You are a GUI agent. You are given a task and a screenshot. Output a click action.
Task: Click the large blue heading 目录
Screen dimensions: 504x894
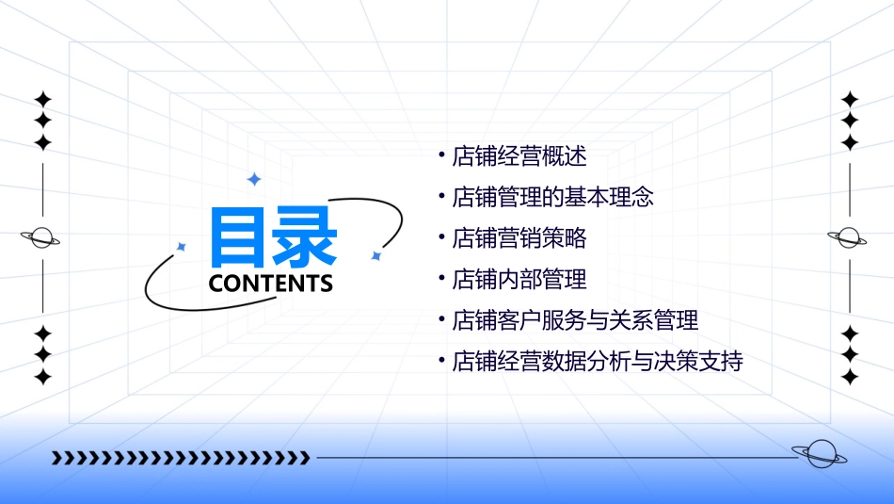point(273,237)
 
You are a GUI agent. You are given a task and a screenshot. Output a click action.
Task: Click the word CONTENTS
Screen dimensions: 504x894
point(271,284)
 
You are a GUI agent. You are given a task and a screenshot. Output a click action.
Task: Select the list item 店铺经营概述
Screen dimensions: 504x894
point(519,156)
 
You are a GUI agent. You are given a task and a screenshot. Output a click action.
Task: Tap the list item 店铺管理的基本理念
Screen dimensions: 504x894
point(553,198)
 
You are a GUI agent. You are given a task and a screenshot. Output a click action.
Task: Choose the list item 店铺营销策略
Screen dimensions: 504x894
point(519,238)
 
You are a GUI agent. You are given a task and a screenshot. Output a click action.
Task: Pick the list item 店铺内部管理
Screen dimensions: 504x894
point(519,279)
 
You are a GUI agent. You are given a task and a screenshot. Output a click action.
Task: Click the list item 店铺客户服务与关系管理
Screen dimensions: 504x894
point(575,320)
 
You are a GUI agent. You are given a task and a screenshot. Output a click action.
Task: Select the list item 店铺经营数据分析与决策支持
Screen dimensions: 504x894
point(598,361)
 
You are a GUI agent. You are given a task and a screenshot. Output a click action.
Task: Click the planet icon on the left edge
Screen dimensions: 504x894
point(41,237)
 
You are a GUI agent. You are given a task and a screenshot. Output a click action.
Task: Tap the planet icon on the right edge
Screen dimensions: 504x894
point(849,237)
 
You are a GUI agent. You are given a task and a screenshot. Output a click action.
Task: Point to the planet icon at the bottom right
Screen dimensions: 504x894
point(819,454)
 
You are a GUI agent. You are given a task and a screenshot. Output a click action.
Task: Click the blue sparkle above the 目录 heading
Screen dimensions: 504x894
point(253,179)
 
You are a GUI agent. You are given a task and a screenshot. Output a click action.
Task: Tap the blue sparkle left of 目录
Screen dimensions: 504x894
point(182,246)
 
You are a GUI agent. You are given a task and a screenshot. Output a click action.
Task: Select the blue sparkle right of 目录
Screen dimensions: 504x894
point(375,255)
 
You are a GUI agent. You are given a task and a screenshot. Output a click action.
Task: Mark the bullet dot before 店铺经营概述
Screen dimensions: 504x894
point(441,153)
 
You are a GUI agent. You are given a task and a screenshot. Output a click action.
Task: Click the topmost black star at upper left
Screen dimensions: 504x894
point(42,99)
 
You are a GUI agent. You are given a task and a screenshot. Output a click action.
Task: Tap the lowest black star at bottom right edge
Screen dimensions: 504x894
point(851,377)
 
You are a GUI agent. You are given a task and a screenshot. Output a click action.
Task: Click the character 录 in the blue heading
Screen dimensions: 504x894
point(305,237)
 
